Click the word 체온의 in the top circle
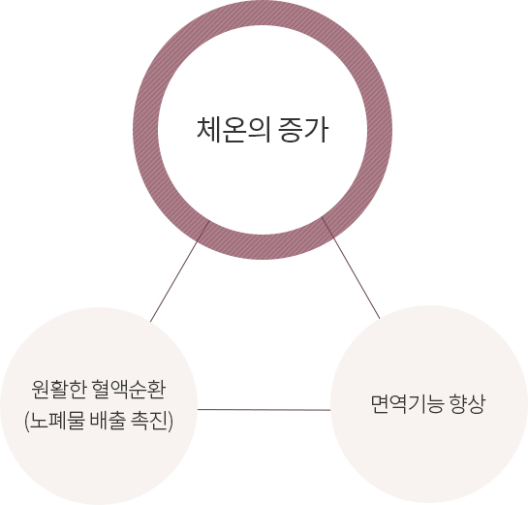pyautogui.click(x=233, y=130)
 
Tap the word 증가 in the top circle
pyautogui.click(x=303, y=130)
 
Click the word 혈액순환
pyautogui.click(x=128, y=390)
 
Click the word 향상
pyautogui.click(x=467, y=404)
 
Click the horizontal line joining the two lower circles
pyautogui.click(x=264, y=410)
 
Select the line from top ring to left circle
pyautogui.click(x=179, y=271)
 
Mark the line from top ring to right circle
pyautogui.click(x=351, y=268)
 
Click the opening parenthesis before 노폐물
pyautogui.click(x=26, y=421)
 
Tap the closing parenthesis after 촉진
pyautogui.click(x=171, y=421)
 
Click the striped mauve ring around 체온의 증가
pyautogui.click(x=145, y=130)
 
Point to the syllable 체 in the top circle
pyautogui.click(x=208, y=130)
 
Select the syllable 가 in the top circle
pyautogui.click(x=316, y=130)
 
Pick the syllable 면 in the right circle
pyautogui.click(x=380, y=404)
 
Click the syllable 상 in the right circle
pyautogui.click(x=477, y=404)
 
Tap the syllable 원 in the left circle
pyautogui.click(x=41, y=390)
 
